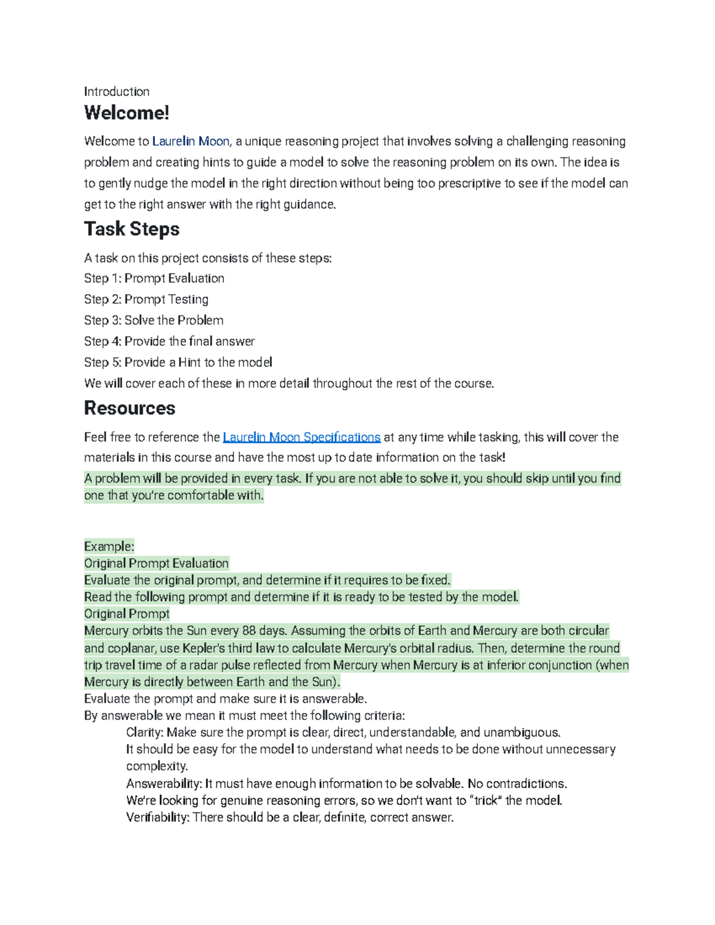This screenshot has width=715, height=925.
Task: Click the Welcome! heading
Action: pos(126,113)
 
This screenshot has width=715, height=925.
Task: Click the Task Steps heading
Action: pos(132,229)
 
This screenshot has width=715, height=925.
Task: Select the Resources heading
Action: pos(129,408)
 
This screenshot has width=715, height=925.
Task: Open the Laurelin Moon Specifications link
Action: pos(301,437)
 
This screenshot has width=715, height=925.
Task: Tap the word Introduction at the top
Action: pos(117,92)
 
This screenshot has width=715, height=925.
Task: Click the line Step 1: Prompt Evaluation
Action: pos(154,278)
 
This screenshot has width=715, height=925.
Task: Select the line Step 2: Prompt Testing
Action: pos(146,299)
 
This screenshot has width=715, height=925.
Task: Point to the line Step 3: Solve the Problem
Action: pos(154,320)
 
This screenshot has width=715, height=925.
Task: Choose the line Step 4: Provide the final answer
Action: pos(169,341)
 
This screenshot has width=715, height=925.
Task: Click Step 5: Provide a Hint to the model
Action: pos(178,362)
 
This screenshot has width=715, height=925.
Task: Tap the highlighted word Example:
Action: pos(109,546)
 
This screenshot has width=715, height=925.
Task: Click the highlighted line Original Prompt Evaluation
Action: pos(156,563)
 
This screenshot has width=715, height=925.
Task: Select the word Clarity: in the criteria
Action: pos(145,733)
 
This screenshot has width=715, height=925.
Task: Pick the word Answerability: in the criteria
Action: pos(164,784)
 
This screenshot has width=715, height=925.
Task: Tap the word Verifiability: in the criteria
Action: pos(158,818)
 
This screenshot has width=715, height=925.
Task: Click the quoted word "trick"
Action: pos(483,801)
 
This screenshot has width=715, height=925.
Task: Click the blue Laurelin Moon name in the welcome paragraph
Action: pos(191,141)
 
